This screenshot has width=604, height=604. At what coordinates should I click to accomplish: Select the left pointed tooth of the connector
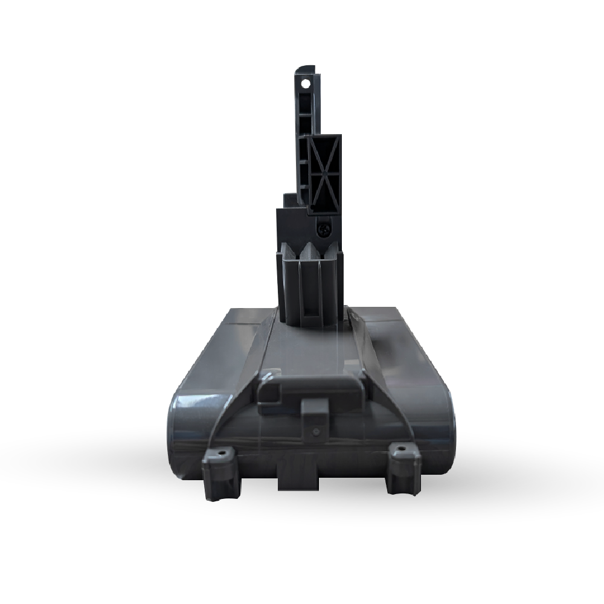(289, 248)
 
